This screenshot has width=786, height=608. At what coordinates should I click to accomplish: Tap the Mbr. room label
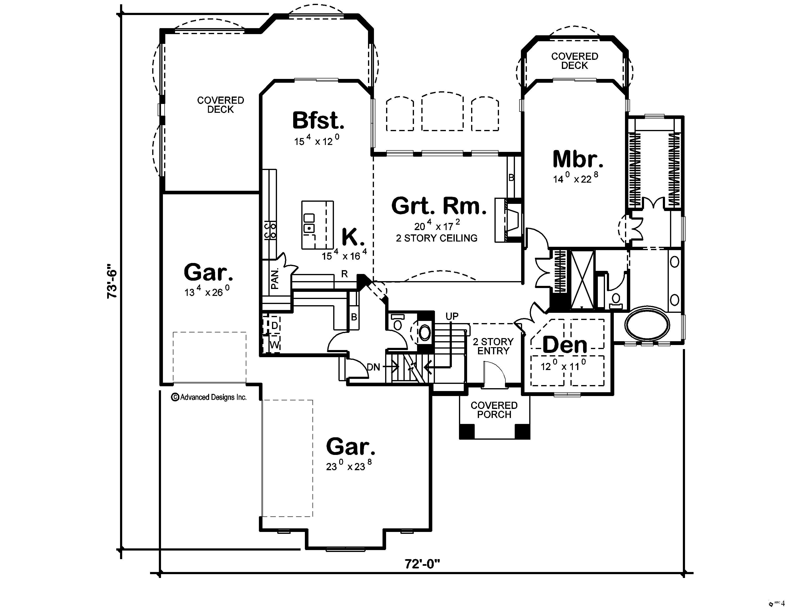577,159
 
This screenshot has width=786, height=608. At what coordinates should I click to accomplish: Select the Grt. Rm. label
439,206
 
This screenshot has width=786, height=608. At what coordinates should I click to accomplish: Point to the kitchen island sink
309,228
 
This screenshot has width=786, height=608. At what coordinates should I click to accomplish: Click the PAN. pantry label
275,278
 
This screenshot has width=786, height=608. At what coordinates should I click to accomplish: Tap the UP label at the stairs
452,316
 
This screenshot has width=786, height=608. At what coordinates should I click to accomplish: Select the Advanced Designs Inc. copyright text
209,397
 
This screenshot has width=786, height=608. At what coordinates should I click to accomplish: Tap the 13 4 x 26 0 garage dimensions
207,291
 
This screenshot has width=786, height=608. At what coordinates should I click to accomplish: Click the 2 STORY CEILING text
437,238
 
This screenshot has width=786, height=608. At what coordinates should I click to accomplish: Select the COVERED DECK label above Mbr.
574,61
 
